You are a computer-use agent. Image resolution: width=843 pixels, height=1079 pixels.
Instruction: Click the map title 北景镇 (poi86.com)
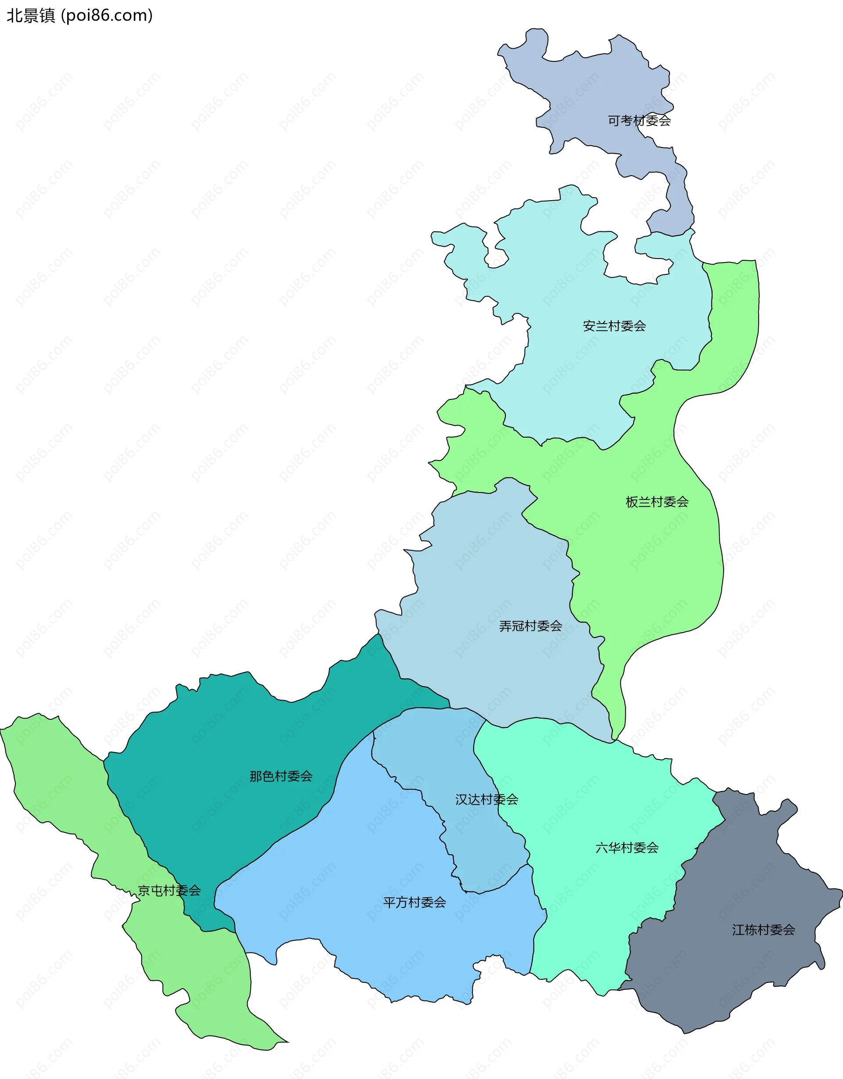coord(79,16)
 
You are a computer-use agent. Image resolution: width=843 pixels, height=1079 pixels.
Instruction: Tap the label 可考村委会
coord(639,121)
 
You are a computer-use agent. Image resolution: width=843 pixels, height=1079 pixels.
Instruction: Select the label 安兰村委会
coord(614,326)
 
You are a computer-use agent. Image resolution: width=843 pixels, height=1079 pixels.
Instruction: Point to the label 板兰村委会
coord(657,502)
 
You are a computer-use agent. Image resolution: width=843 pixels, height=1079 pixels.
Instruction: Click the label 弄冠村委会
coord(530,626)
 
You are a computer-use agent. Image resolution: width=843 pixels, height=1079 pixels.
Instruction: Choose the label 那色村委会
coord(281,776)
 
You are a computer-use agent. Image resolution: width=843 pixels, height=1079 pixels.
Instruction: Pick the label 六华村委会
coord(627,848)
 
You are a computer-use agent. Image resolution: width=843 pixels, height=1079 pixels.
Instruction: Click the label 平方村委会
coord(414,903)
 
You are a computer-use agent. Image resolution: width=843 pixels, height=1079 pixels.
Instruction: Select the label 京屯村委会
coord(169,890)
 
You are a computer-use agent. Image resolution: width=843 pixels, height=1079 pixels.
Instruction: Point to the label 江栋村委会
coord(764,930)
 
